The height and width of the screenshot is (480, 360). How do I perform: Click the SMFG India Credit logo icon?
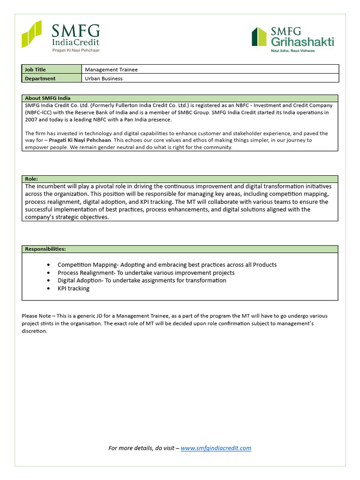click(31, 34)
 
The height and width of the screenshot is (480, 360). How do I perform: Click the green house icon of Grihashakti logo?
click(259, 37)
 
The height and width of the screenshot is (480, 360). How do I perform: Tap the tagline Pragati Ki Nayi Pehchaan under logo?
click(75, 50)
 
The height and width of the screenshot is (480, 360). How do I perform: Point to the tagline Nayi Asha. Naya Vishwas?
click(293, 51)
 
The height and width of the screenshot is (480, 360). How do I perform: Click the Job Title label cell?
click(52, 69)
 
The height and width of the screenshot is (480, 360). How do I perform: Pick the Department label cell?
click(52, 78)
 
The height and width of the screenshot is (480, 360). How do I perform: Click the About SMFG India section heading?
click(47, 98)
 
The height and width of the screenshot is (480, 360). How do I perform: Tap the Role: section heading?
click(31, 179)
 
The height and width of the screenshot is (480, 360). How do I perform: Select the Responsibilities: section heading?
click(45, 249)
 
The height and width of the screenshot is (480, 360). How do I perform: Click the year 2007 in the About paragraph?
click(31, 120)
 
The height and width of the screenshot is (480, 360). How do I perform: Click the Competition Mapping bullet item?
click(167, 265)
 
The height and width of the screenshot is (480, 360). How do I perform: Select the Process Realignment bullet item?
click(146, 273)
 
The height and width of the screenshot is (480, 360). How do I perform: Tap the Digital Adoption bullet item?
click(142, 280)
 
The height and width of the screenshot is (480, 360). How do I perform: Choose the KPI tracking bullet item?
click(74, 288)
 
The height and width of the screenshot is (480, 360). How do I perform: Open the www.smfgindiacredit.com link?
click(216, 448)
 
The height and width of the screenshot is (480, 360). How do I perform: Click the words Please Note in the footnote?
click(35, 315)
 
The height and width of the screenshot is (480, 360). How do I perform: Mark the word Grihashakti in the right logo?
click(302, 42)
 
